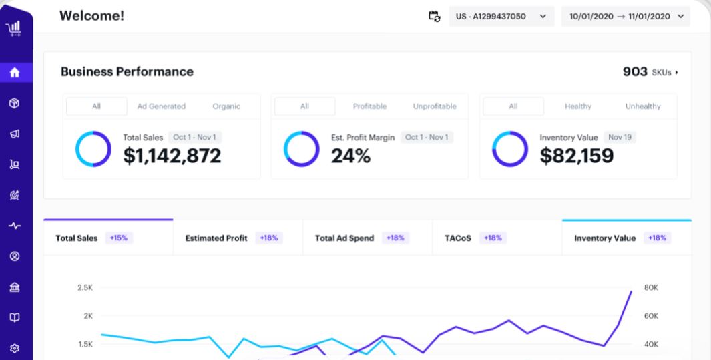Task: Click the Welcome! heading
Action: [91, 16]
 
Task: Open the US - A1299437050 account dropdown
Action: [501, 17]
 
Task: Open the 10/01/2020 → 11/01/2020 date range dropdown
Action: [625, 17]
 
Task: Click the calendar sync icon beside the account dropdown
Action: [434, 17]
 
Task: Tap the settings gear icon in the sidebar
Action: [15, 348]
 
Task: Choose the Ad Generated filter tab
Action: [162, 106]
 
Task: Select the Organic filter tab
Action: [226, 106]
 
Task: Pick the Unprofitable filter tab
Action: [435, 106]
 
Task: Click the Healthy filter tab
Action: [577, 106]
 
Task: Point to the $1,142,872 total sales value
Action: [172, 156]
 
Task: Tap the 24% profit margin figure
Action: [350, 156]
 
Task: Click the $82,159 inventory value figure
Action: [576, 156]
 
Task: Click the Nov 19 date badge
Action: [620, 137]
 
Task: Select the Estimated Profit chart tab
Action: [216, 238]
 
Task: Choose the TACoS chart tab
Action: [459, 238]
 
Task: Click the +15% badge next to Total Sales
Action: [120, 238]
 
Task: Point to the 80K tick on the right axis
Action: [651, 287]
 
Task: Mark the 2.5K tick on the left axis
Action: [85, 287]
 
